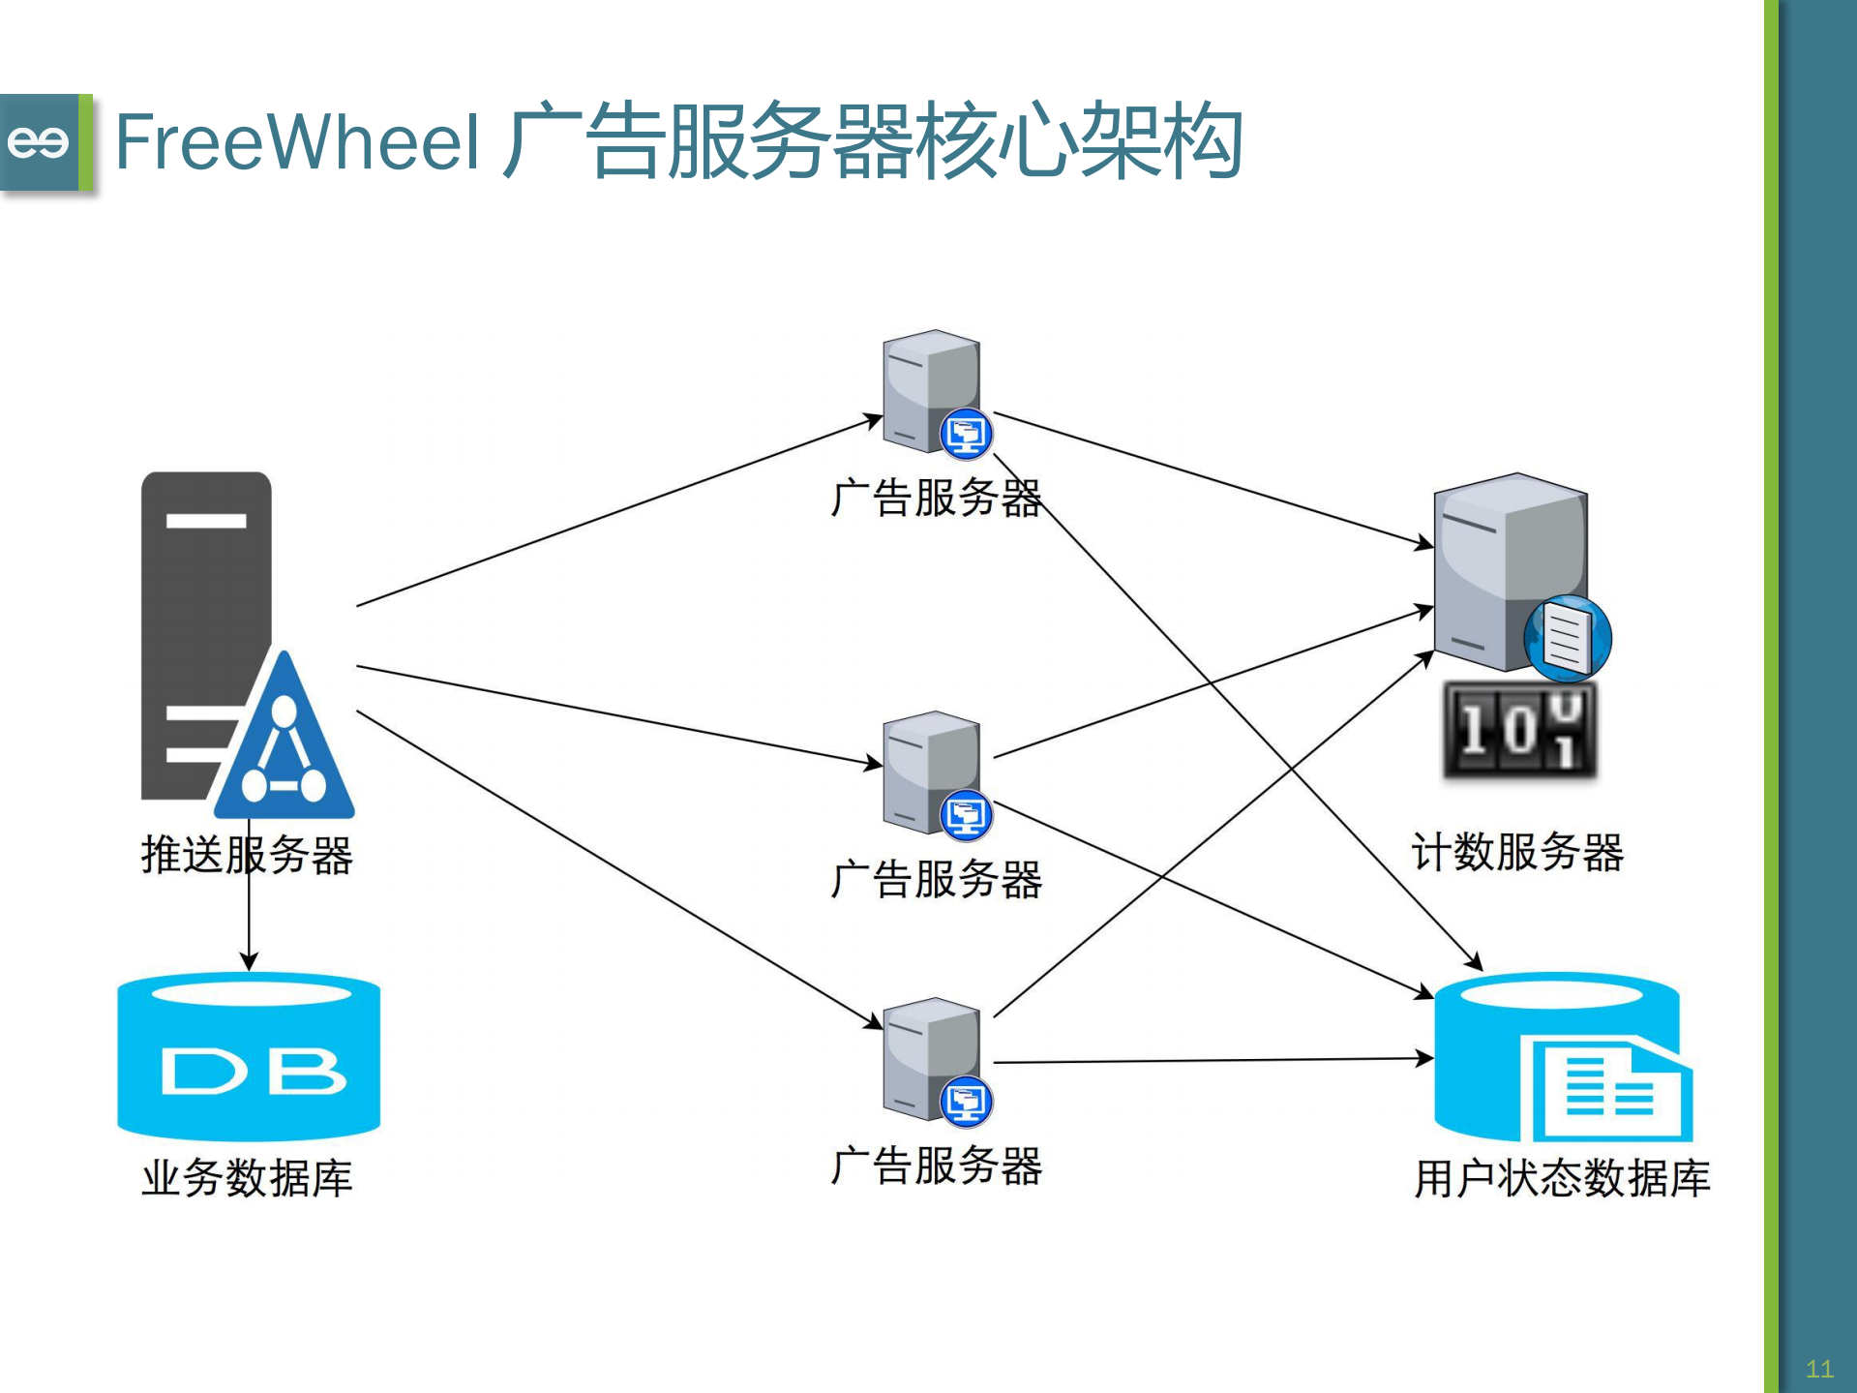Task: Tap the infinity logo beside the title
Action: (39, 142)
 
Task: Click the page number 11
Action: (1819, 1369)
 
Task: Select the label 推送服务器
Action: (247, 855)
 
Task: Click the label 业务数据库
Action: (247, 1178)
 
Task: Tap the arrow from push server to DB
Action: (249, 920)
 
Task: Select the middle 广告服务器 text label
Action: (936, 880)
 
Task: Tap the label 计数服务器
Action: (1517, 852)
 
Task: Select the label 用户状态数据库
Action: (1562, 1178)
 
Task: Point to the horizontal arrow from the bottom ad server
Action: (1210, 1061)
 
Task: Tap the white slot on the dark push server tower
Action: (206, 521)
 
